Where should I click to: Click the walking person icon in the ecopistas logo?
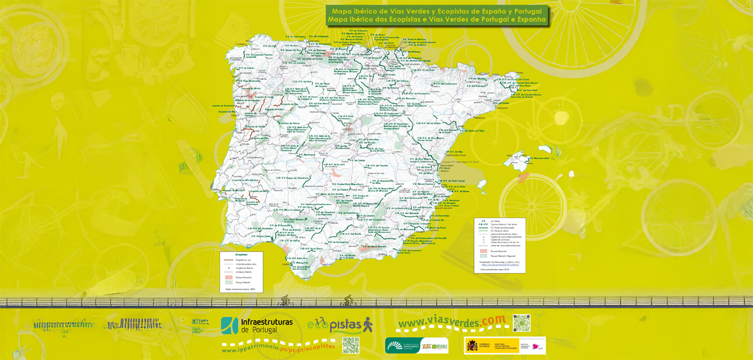tap(367, 324)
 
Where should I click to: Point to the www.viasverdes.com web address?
tap(452, 322)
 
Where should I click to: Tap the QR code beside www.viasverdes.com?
tap(521, 323)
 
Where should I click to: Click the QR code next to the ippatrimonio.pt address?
tap(351, 345)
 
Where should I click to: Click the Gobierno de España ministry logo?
tap(504, 345)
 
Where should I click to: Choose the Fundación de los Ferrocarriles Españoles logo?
tap(416, 345)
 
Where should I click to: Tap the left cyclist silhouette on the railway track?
tap(285, 301)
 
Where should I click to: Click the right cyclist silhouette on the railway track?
tap(348, 300)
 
